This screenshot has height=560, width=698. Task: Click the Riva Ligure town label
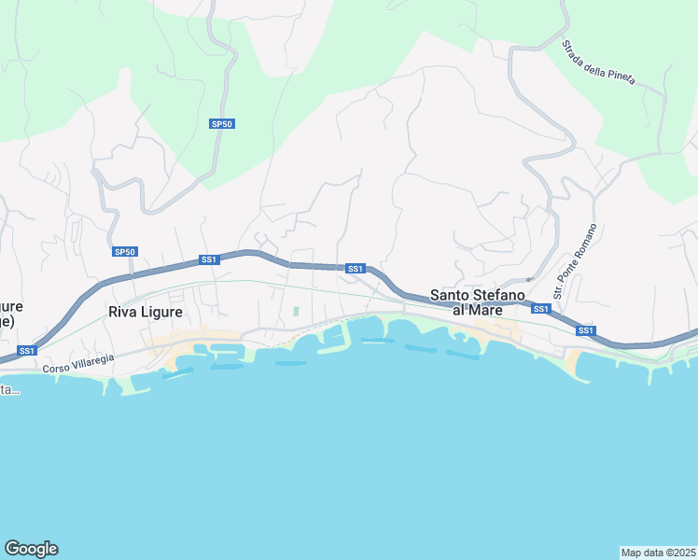[x=146, y=312]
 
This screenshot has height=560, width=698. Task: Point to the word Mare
[x=486, y=310]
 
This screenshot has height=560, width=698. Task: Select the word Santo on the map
[x=450, y=295]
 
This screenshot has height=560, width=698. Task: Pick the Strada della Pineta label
[x=598, y=63]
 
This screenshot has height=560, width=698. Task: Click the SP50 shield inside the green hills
[x=221, y=123]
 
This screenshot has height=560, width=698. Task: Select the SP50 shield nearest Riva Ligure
[x=125, y=252]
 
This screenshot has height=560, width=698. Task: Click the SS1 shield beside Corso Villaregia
[x=27, y=351]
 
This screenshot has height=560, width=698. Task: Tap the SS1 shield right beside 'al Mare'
[x=541, y=309]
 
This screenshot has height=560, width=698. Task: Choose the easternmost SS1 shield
[x=585, y=330]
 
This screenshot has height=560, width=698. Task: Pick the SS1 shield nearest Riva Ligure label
[x=208, y=259]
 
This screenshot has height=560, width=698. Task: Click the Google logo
[x=31, y=549]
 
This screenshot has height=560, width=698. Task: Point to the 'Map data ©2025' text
[x=658, y=552]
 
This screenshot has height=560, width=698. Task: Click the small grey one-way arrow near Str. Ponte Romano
[x=529, y=278]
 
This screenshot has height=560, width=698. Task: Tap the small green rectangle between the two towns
[x=296, y=312]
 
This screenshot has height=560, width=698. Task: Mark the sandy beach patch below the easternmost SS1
[x=572, y=362]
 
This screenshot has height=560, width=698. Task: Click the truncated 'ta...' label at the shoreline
[x=8, y=389]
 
